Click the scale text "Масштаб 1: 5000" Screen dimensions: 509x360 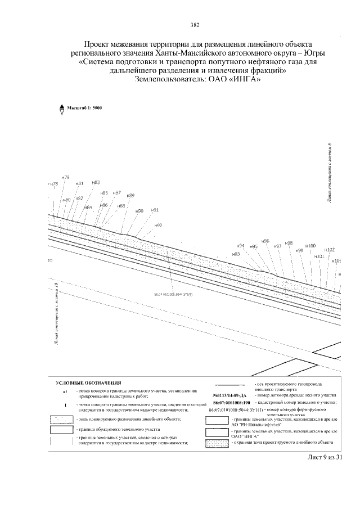pyautogui.click(x=84, y=107)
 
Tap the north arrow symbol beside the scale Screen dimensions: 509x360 pyautogui.click(x=61, y=110)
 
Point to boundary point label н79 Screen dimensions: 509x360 pyautogui.click(x=66, y=178)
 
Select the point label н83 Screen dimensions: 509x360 pyautogui.click(x=96, y=182)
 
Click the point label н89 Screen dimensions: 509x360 pyautogui.click(x=130, y=195)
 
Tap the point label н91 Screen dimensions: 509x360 pyautogui.click(x=156, y=210)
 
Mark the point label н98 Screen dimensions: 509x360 pyautogui.click(x=289, y=243)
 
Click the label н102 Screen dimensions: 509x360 pyautogui.click(x=330, y=250)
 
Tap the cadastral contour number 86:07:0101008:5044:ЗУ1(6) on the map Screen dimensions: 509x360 pyautogui.click(x=173, y=294)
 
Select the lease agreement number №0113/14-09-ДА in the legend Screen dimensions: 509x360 pyautogui.click(x=231, y=396)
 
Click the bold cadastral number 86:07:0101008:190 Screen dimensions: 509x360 pyautogui.click(x=231, y=403)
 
